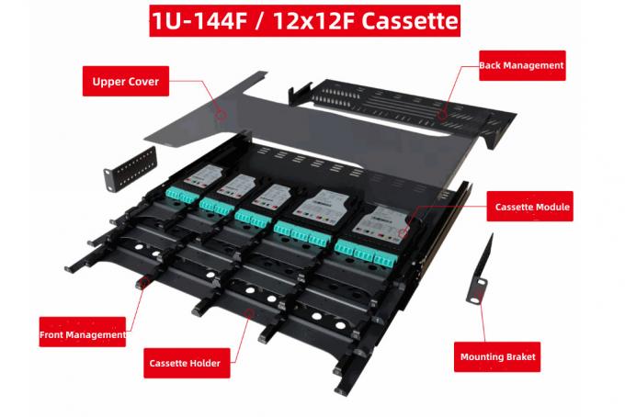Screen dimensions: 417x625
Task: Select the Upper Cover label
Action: [x=126, y=82]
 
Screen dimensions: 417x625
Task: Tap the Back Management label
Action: [x=521, y=66]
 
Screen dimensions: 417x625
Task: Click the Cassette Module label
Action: [x=533, y=208]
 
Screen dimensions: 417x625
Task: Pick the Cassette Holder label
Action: [x=185, y=363]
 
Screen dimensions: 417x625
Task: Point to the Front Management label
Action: [x=83, y=334]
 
